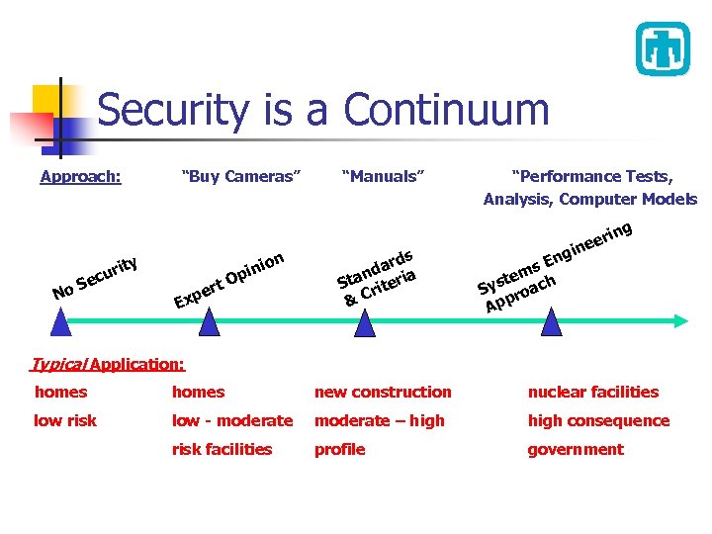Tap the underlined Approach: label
[80, 177]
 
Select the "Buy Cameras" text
[241, 177]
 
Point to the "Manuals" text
[383, 177]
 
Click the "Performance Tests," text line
[591, 177]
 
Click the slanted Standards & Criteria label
[379, 274]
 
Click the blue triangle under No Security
[61, 322]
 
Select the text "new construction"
[382, 393]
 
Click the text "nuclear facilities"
[592, 393]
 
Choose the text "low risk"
[65, 421]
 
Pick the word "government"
[575, 450]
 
